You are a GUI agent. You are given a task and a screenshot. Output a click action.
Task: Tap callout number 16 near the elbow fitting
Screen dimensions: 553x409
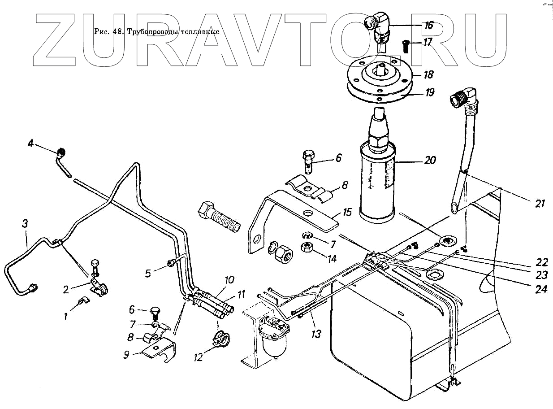429,25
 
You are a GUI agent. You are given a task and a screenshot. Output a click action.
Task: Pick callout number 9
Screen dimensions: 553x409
127,355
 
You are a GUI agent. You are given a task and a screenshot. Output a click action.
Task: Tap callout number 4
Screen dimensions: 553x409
30,144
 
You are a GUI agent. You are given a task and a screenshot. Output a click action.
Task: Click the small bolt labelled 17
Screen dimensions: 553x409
405,45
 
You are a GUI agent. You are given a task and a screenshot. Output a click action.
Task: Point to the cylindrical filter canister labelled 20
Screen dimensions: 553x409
377,188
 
